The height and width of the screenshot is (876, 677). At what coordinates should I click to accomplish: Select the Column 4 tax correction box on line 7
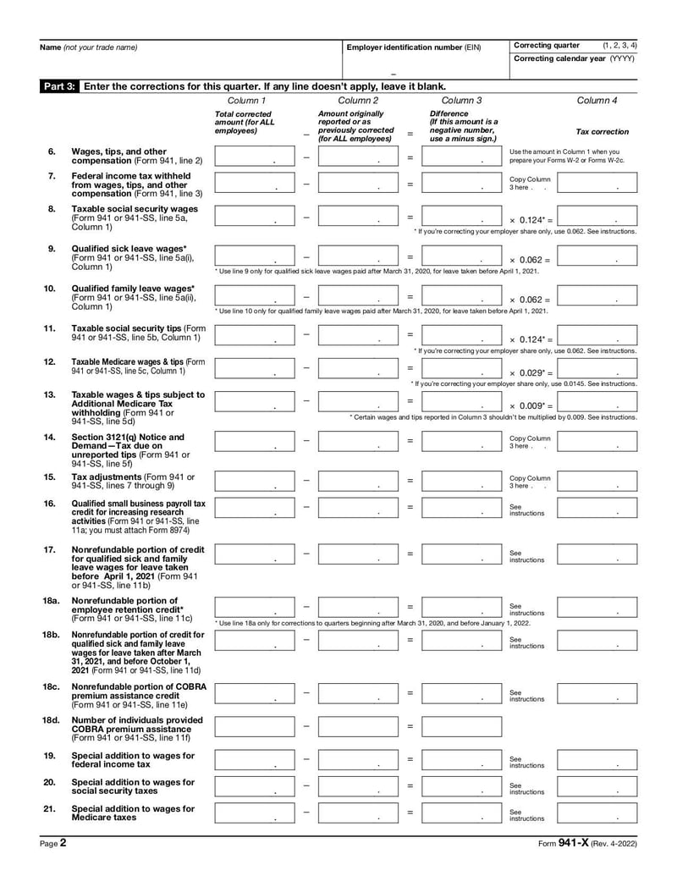pos(597,183)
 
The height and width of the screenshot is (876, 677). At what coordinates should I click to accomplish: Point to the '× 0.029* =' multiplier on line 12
pos(531,372)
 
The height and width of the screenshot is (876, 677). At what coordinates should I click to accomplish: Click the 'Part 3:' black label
pos(60,86)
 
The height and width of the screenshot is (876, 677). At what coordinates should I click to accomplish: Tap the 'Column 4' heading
pos(597,101)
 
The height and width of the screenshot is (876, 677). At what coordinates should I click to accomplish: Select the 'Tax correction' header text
pos(602,132)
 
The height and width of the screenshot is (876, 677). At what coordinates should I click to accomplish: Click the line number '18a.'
pos(52,600)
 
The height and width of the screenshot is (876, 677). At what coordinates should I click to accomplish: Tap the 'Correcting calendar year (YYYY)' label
pos(573,58)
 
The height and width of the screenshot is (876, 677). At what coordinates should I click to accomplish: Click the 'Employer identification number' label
pos(413,47)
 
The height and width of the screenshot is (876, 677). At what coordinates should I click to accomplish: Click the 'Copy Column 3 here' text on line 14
pos(531,442)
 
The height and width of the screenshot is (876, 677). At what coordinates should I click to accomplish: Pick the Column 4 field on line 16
pos(597,508)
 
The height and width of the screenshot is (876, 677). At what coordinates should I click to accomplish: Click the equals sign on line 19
pos(410,760)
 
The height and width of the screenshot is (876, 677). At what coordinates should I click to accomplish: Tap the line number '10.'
pos(50,288)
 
